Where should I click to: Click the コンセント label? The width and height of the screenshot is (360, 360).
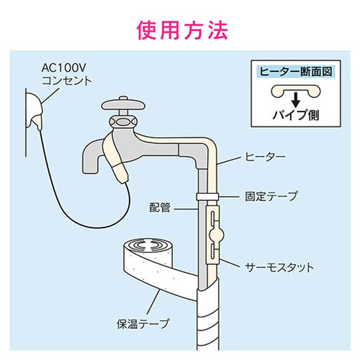coord(66,80)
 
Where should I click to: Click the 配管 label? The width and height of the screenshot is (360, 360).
coord(160,209)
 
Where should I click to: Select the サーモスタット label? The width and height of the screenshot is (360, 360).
coord(278,267)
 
